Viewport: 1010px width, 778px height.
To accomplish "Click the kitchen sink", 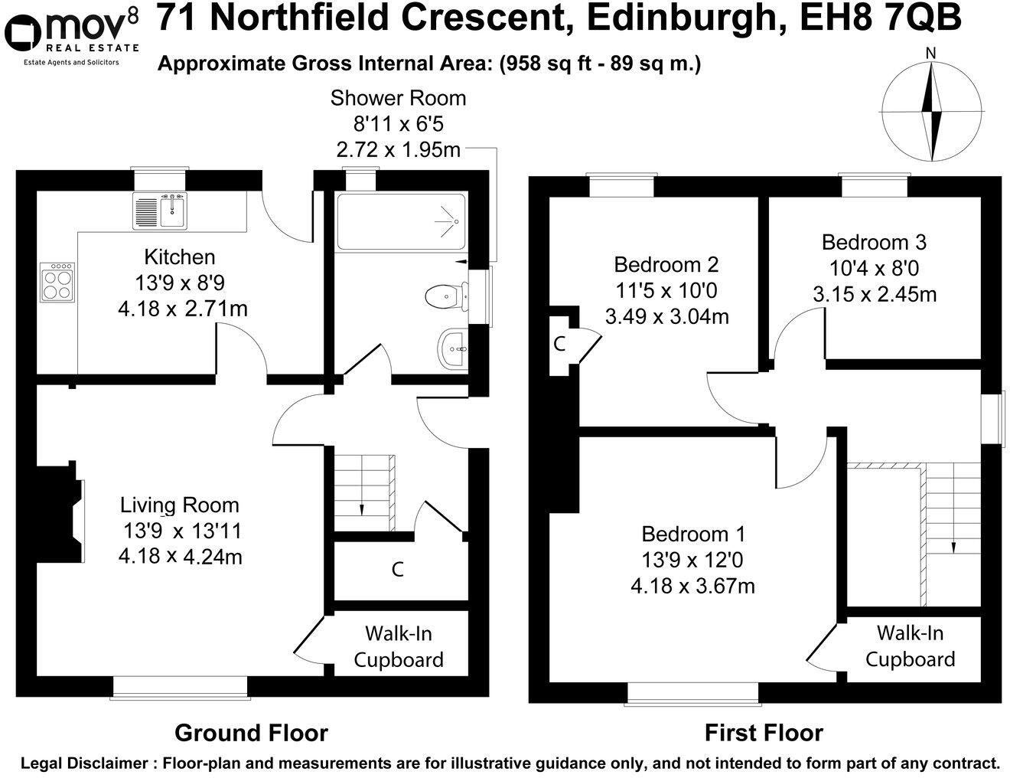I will click(160, 210).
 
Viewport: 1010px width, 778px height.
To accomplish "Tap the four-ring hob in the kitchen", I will click(58, 283).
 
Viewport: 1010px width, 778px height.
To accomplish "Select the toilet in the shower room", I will click(445, 296).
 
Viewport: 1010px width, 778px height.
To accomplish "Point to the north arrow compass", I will click(931, 112).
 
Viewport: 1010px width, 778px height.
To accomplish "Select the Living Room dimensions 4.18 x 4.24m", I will click(180, 557).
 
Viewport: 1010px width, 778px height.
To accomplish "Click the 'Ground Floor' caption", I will click(251, 733).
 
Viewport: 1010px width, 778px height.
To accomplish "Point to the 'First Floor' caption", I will click(763, 733).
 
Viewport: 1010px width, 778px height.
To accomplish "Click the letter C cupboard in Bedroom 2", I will click(559, 345).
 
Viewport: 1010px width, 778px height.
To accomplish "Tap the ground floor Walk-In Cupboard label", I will click(398, 646).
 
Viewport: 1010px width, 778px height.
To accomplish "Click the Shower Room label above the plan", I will click(398, 98).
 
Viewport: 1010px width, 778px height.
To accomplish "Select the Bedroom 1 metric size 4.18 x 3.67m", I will click(692, 586).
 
